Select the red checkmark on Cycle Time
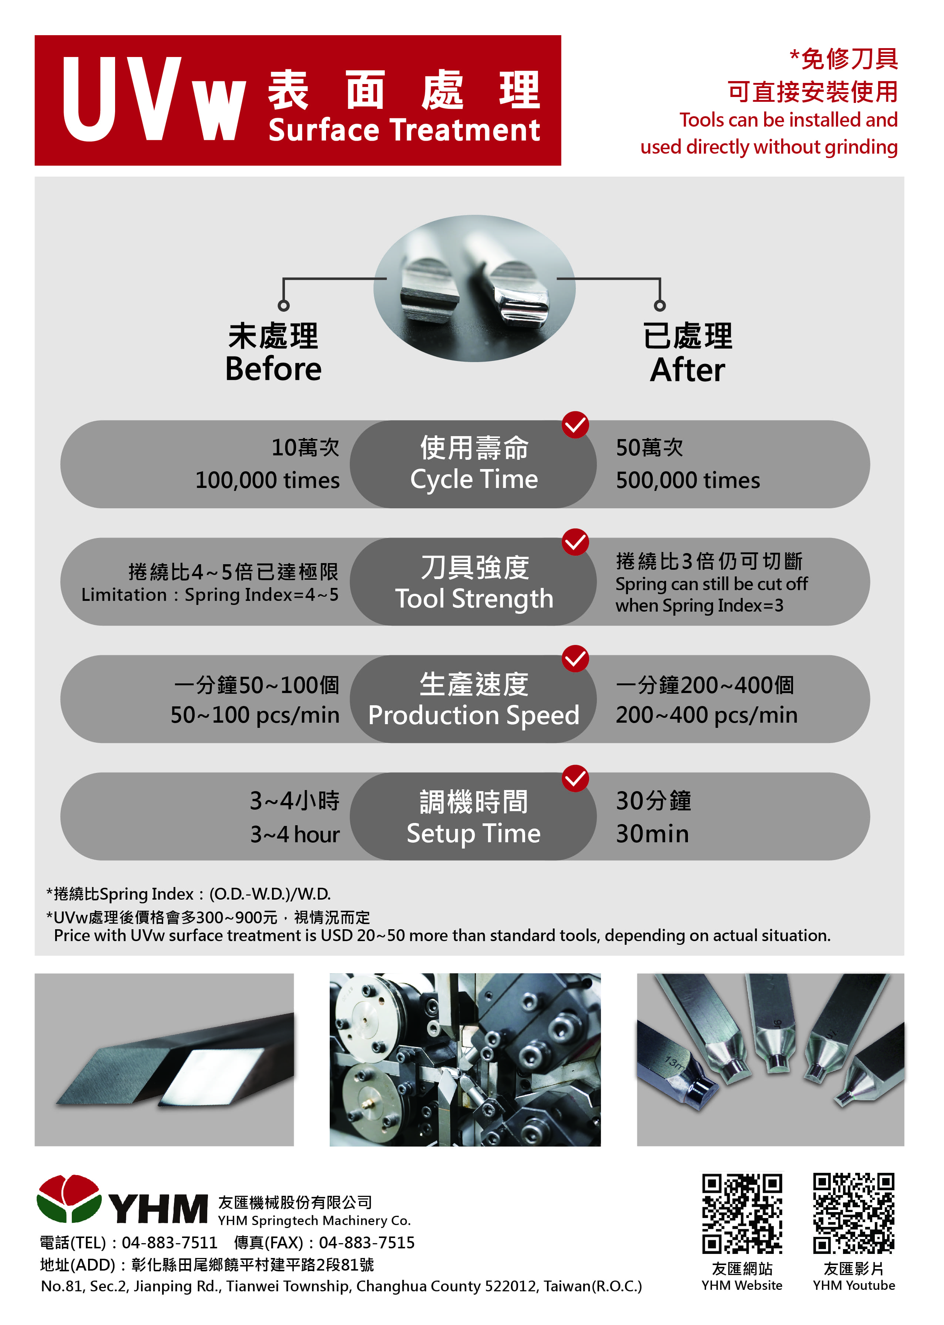point(575,425)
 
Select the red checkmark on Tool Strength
point(575,542)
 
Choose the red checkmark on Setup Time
point(575,779)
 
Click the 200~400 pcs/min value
point(706,716)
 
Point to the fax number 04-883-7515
point(367,1243)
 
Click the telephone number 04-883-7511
point(170,1243)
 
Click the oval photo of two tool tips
point(474,288)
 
